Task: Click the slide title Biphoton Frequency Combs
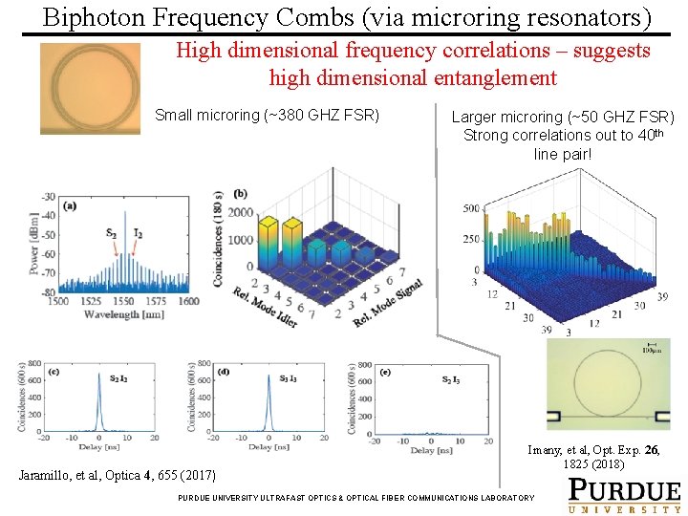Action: [x=347, y=17]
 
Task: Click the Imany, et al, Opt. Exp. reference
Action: [x=593, y=457]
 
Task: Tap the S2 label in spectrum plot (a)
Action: [x=112, y=233]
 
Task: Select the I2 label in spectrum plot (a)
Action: [x=138, y=233]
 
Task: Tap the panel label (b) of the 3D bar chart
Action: [x=240, y=194]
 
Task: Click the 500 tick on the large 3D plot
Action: [x=471, y=208]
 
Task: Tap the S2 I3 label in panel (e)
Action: [x=450, y=380]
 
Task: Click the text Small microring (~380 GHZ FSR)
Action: [x=267, y=116]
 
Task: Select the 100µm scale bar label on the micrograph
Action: [x=653, y=351]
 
